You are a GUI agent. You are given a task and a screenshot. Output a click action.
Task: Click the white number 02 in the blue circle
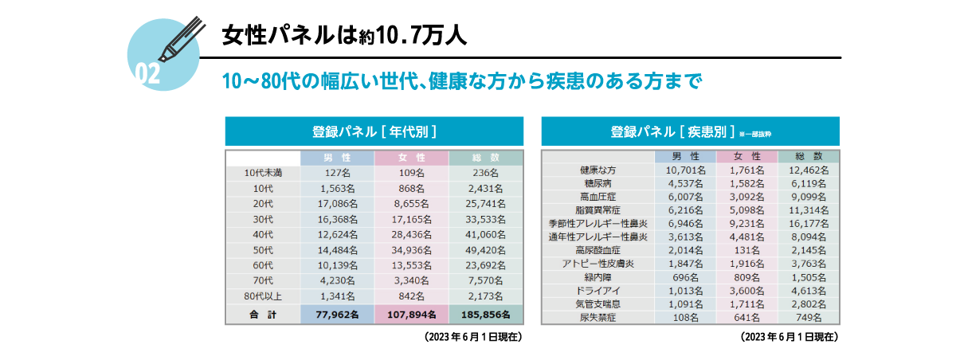(x=148, y=73)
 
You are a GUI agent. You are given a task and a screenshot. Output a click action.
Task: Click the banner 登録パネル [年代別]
(x=374, y=131)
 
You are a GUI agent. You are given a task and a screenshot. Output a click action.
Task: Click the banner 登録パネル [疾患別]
(x=690, y=131)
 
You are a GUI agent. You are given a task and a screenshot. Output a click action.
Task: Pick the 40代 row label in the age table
(x=262, y=234)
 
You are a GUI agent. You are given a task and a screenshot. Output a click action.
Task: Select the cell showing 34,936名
(x=411, y=249)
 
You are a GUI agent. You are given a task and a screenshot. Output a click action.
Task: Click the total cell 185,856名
(x=485, y=315)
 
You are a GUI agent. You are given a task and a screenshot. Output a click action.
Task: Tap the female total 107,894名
(x=411, y=315)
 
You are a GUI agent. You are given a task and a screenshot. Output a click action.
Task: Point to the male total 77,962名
(x=337, y=315)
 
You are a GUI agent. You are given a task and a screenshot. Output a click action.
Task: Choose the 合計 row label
(x=262, y=315)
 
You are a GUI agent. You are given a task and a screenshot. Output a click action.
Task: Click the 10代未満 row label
(x=262, y=173)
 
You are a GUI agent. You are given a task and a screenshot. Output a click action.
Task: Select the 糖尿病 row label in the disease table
(x=597, y=182)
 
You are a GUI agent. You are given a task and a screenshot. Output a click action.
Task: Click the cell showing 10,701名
(x=685, y=170)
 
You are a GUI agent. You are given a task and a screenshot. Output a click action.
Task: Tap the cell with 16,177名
(x=808, y=224)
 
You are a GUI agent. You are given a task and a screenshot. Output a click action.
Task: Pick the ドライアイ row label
(x=597, y=290)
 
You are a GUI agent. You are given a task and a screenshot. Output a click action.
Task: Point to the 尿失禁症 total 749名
(x=808, y=317)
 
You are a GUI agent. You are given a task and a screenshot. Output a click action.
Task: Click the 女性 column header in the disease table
(x=746, y=156)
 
